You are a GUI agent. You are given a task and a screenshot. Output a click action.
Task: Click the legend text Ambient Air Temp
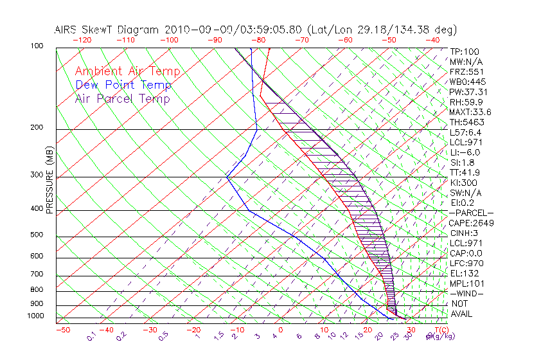[x=127, y=71]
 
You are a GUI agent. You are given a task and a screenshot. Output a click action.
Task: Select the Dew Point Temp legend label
[x=123, y=85]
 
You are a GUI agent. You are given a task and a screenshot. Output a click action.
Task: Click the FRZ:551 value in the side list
[x=466, y=71]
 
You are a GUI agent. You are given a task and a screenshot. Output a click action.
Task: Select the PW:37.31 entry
[x=468, y=92]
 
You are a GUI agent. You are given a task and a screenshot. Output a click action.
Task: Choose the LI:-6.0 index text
[x=465, y=152]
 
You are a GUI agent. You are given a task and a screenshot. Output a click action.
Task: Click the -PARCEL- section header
[x=471, y=213]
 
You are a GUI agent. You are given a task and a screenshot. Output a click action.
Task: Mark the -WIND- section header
[x=466, y=294]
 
